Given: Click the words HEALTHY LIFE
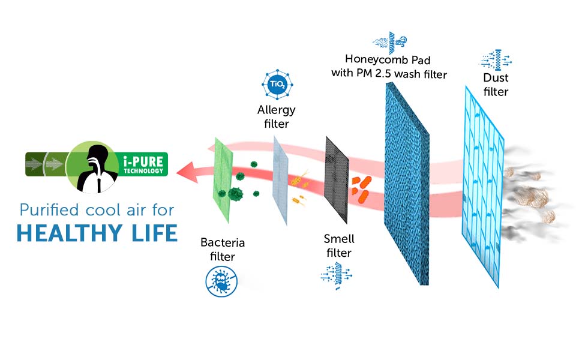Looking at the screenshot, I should click(97, 233).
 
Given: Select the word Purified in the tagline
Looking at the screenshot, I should click(49, 210).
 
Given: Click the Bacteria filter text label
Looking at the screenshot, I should click(223, 249).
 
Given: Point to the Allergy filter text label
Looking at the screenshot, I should click(273, 117).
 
